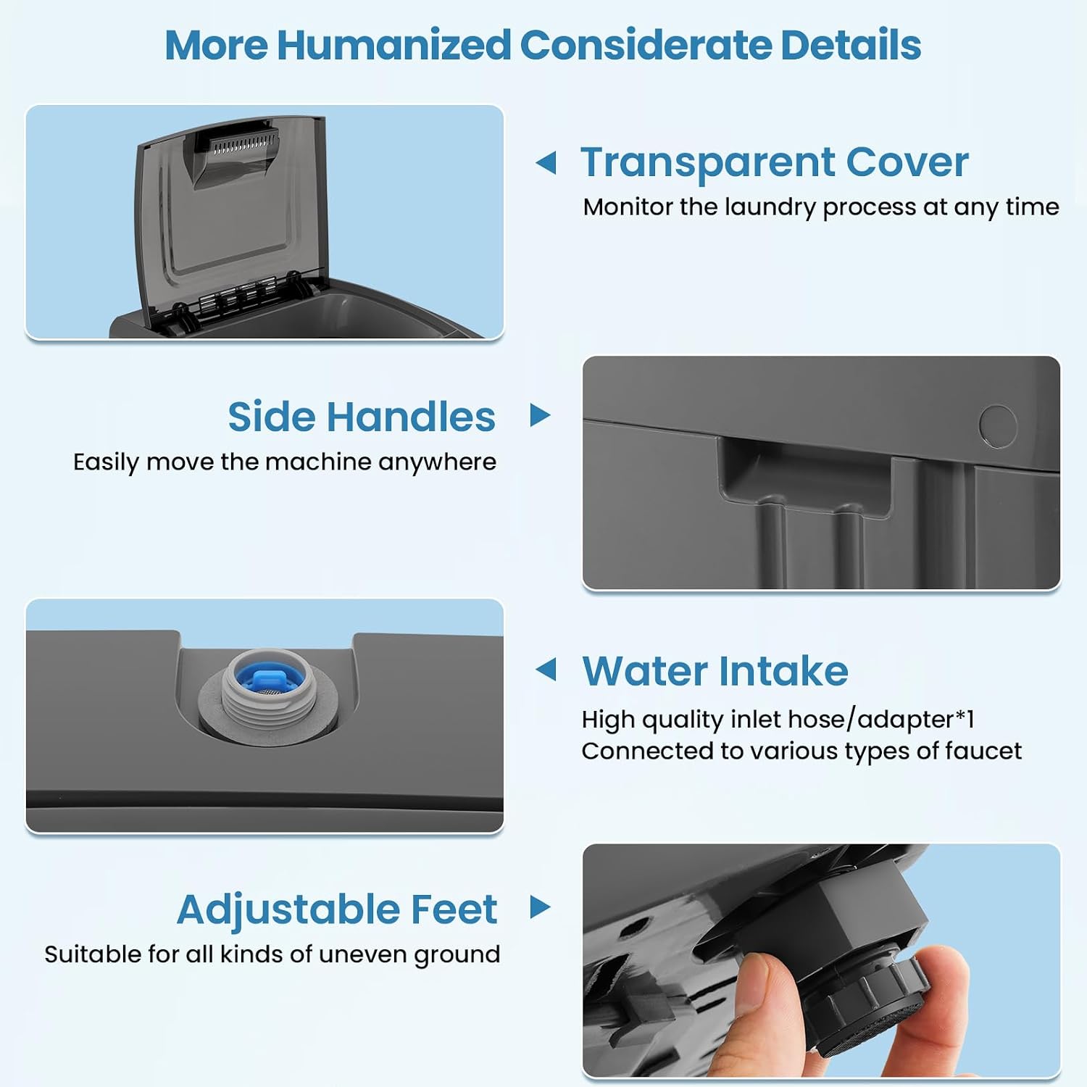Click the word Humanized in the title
pos(393,45)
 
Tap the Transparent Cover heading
pos(774,162)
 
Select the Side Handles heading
pos(362,417)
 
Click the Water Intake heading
pos(715,670)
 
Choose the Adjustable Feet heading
pos(337,909)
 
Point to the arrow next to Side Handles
pos(541,415)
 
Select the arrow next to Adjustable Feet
pos(541,907)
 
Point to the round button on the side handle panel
pos(998,425)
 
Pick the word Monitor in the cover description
pos(628,207)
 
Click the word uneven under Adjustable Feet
pos(364,954)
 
